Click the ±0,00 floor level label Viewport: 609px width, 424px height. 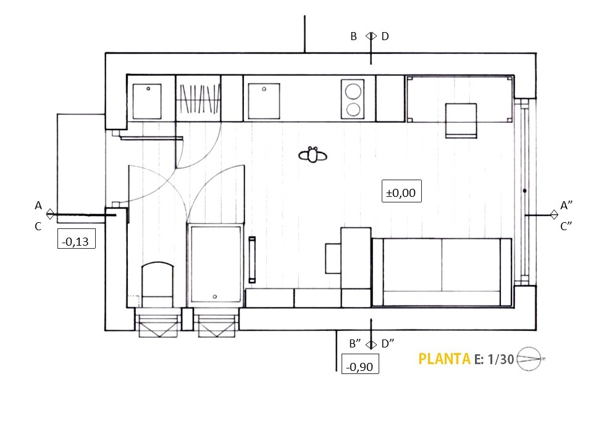[x=401, y=193]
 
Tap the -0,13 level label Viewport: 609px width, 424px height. [x=75, y=242]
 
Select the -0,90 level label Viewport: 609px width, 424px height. [x=359, y=367]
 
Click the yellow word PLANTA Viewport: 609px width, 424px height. [x=444, y=359]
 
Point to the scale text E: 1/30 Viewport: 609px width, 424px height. [x=493, y=360]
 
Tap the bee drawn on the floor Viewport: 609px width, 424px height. [x=313, y=155]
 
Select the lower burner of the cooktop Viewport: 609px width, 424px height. [x=353, y=109]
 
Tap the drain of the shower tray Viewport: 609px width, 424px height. [x=215, y=297]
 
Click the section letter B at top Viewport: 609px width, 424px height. [x=353, y=36]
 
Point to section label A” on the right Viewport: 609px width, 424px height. [x=566, y=206]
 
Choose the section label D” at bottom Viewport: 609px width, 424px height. [x=388, y=344]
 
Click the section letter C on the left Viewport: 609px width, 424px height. [x=38, y=227]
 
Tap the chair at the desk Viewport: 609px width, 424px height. [x=461, y=120]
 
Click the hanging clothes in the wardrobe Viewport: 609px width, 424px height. [x=198, y=99]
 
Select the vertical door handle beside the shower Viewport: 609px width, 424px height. [x=252, y=259]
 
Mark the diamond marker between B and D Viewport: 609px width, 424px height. [x=371, y=36]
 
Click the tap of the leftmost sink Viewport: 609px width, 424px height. [x=148, y=89]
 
